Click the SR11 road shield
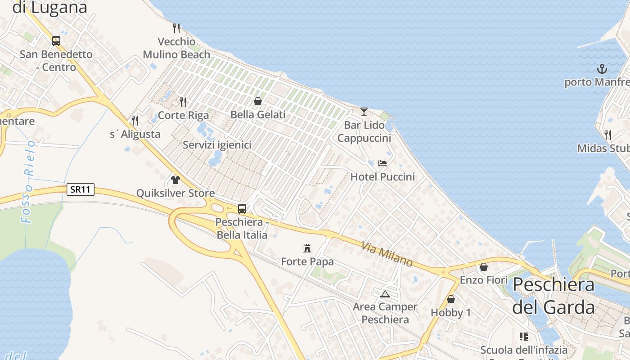(x=81, y=189)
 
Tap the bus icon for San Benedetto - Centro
(x=56, y=41)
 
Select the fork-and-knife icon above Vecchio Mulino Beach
(x=176, y=28)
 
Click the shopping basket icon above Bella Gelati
(x=258, y=101)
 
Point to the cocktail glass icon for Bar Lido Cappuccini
(x=364, y=111)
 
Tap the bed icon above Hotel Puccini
(x=382, y=163)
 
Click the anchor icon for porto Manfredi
(x=602, y=69)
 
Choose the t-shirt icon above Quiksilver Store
(x=175, y=180)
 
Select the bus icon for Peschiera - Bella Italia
(x=242, y=209)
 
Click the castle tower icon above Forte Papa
(x=307, y=248)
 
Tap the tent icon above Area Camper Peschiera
(x=385, y=294)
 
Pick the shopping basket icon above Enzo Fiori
(x=484, y=267)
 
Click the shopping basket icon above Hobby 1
(x=451, y=299)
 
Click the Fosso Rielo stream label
(x=29, y=182)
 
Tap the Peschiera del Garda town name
(x=553, y=296)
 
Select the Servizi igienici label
(x=217, y=145)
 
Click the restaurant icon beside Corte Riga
(x=183, y=102)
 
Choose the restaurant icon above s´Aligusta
(x=135, y=121)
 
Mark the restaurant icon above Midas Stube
(x=607, y=135)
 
